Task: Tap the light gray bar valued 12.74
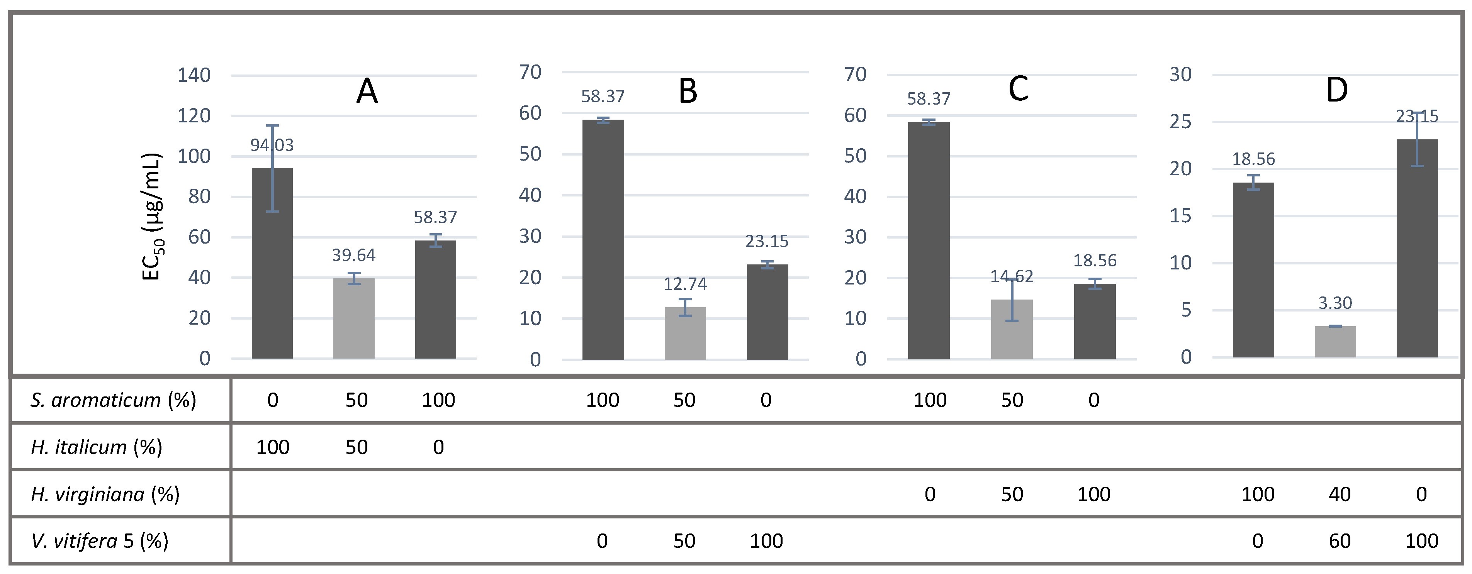point(685,334)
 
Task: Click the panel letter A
point(367,91)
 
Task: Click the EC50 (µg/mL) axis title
point(153,217)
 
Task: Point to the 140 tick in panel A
point(194,75)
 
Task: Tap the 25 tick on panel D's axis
point(1180,122)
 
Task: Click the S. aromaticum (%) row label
point(113,400)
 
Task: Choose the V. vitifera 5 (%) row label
point(99,540)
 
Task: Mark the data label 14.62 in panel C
point(1012,276)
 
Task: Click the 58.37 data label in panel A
point(435,217)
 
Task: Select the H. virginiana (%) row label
point(105,494)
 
